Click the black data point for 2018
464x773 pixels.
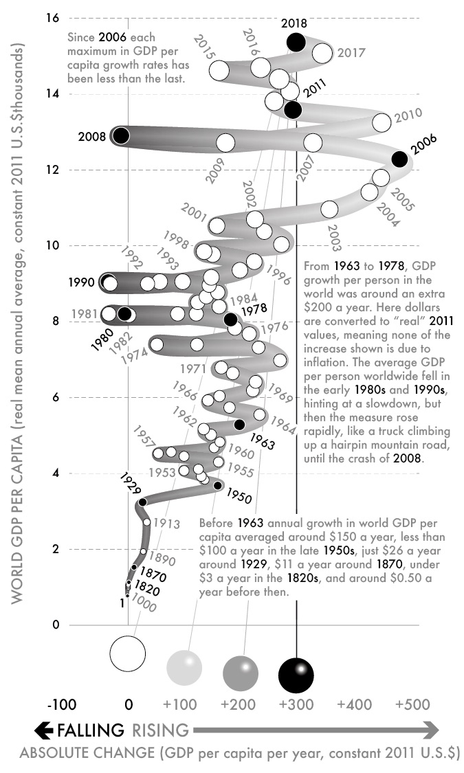(x=296, y=42)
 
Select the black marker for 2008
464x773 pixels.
(x=121, y=135)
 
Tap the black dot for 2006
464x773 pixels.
(x=399, y=159)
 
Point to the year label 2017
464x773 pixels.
(x=352, y=52)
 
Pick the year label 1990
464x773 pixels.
(x=82, y=282)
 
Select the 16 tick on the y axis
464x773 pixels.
(x=52, y=18)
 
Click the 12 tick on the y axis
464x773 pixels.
(x=52, y=170)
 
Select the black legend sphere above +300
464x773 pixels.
(x=296, y=673)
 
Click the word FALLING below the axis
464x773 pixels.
(x=91, y=729)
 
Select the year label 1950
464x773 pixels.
(x=239, y=498)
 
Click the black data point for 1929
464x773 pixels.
(x=143, y=502)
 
